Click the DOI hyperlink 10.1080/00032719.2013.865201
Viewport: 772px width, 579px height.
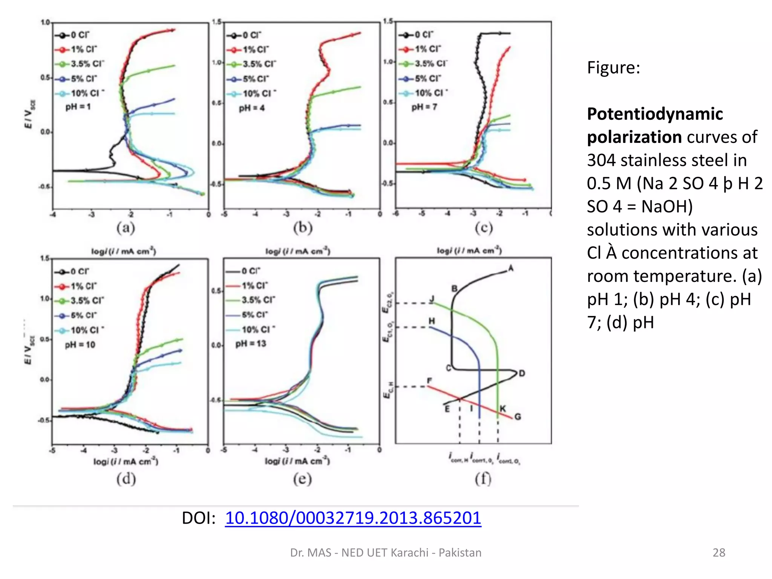(353, 518)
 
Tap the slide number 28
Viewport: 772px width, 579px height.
(718, 553)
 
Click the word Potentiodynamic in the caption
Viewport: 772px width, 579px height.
(655, 114)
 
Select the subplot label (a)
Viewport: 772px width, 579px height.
(126, 228)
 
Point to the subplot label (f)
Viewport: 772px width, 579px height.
(483, 479)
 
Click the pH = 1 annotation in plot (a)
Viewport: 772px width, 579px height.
(78, 107)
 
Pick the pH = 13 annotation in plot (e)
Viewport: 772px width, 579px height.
(251, 343)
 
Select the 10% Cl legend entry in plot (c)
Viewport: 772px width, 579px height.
(431, 93)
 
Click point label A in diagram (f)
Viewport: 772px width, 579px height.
(511, 268)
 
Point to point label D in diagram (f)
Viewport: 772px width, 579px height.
(522, 373)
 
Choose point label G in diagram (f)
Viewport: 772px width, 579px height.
(518, 417)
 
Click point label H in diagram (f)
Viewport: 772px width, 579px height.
(432, 321)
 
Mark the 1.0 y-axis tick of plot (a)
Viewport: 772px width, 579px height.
(45, 23)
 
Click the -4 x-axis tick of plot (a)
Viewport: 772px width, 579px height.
(53, 215)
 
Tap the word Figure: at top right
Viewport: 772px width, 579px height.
(613, 68)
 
